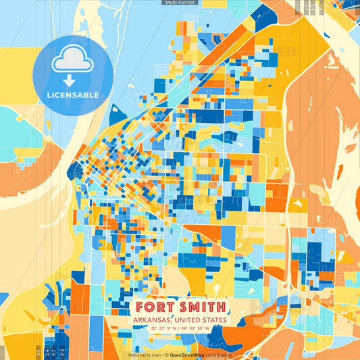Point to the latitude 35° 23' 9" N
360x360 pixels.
coord(159,329)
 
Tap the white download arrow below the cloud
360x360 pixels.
coord(68,80)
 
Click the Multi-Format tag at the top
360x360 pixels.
coord(180,3)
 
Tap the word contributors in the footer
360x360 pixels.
coord(219,355)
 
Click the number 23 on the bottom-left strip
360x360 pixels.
coord(62,352)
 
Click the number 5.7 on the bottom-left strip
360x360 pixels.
coord(53,352)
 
